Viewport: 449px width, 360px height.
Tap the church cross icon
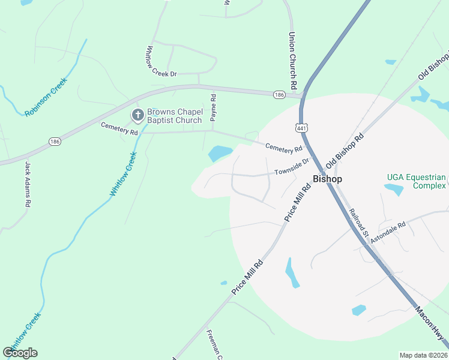[137, 114]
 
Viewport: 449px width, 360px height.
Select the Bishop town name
[327, 179]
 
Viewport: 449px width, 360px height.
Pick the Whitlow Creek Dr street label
[161, 61]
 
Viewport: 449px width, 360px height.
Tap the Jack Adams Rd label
[28, 184]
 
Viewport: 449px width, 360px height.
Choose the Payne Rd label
[213, 104]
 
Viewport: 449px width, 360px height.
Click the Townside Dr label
[292, 167]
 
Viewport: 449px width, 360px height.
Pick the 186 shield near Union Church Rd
[279, 95]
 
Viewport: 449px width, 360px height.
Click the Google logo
[20, 353]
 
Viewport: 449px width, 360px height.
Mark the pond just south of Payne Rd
[220, 153]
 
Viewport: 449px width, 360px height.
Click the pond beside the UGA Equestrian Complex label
[394, 190]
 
